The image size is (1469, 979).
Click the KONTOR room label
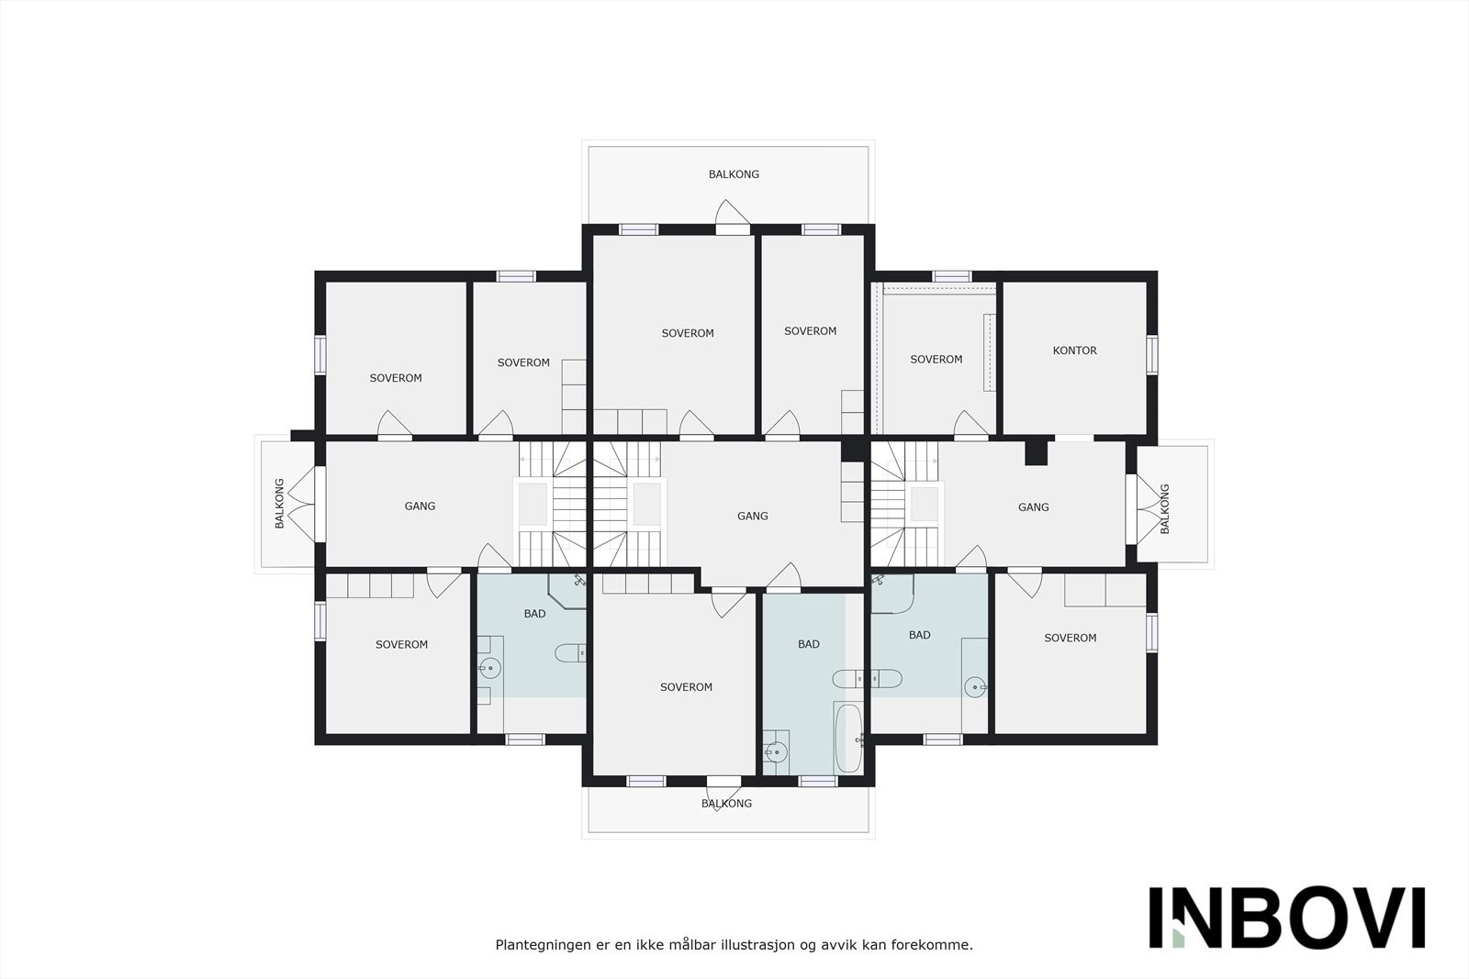tap(1074, 350)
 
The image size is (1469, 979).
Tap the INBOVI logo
tap(1286, 917)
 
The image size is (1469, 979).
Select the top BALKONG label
tap(734, 174)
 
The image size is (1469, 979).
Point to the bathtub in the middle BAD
tap(848, 738)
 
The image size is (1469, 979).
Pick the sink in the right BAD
tap(974, 684)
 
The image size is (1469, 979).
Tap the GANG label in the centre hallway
tap(752, 517)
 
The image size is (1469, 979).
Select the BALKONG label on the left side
tap(280, 503)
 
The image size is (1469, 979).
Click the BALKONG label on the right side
tap(1165, 508)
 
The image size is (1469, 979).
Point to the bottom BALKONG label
tap(726, 804)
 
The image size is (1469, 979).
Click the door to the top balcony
tap(733, 220)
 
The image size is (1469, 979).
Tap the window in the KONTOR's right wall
tap(1151, 354)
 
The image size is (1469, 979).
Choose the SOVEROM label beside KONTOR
tap(936, 360)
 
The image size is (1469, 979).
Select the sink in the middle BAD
tap(776, 752)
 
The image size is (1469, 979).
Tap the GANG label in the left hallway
tap(420, 506)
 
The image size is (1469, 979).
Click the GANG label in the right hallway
tap(1033, 507)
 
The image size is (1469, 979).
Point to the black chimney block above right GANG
tap(1037, 453)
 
